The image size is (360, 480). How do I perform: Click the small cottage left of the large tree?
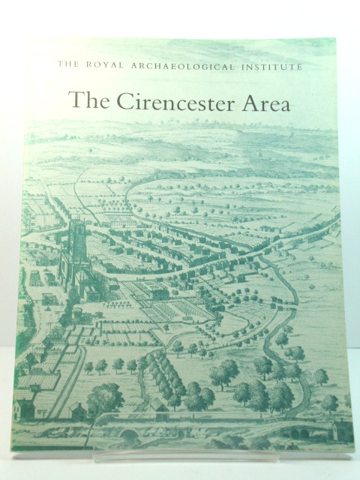[76, 412]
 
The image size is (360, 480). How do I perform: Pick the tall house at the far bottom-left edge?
[24, 409]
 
